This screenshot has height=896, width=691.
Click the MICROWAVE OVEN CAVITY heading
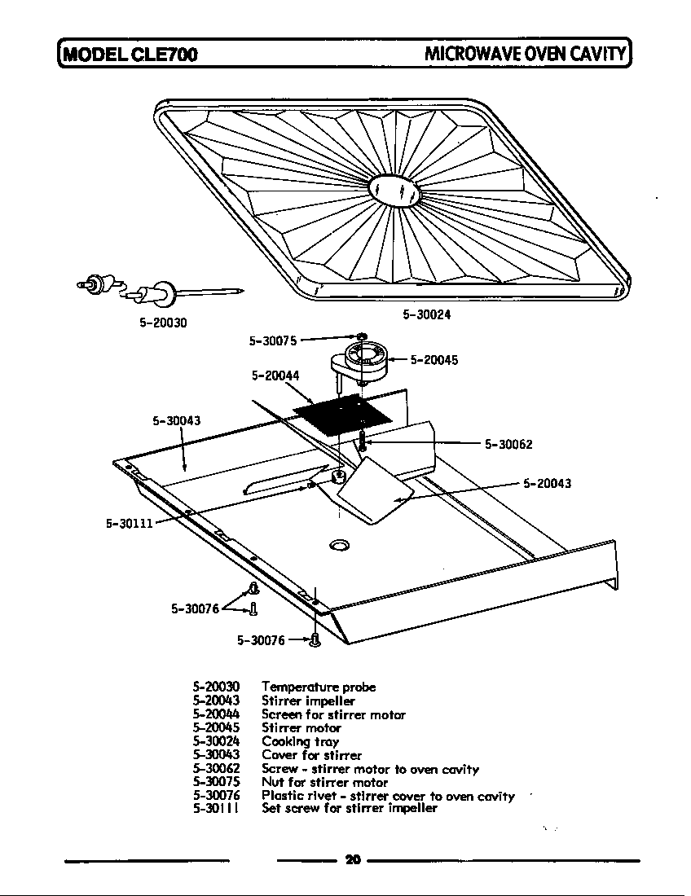pyautogui.click(x=526, y=55)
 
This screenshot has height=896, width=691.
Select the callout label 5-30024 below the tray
pyautogui.click(x=427, y=314)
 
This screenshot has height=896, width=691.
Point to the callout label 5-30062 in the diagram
pyautogui.click(x=508, y=445)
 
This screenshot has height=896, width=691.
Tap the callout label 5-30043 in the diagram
pyautogui.click(x=176, y=421)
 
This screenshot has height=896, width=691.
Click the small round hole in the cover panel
pyautogui.click(x=339, y=543)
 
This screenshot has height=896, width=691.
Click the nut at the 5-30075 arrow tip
pyautogui.click(x=360, y=336)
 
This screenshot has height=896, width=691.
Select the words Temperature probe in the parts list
pyautogui.click(x=319, y=687)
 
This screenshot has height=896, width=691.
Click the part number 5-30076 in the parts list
pyautogui.click(x=216, y=796)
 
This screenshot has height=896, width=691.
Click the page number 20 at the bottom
pyautogui.click(x=352, y=859)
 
